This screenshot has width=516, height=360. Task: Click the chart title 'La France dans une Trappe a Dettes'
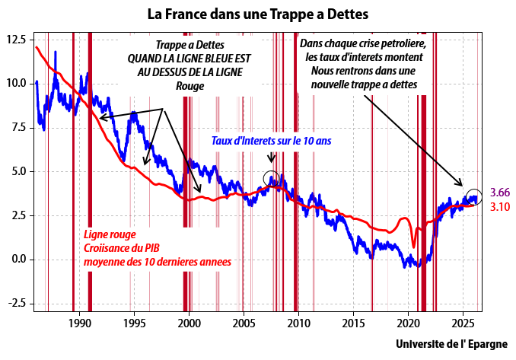pyautogui.click(x=257, y=14)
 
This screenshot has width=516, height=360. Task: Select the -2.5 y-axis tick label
pyautogui.click(x=17, y=303)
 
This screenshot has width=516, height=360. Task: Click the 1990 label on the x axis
pyautogui.click(x=79, y=323)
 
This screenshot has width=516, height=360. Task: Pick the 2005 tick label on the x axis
pyautogui.click(x=244, y=323)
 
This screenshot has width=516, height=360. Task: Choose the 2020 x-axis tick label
pyautogui.click(x=408, y=323)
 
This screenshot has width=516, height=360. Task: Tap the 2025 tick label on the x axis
pyautogui.click(x=463, y=323)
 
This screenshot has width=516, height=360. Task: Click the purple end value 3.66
pyautogui.click(x=500, y=193)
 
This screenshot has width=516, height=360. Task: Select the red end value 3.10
pyautogui.click(x=500, y=206)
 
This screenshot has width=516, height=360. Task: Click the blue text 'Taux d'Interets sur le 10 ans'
pyautogui.click(x=271, y=141)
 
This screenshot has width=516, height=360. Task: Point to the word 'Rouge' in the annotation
pyautogui.click(x=190, y=86)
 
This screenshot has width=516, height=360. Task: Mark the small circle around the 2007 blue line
pyautogui.click(x=272, y=178)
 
